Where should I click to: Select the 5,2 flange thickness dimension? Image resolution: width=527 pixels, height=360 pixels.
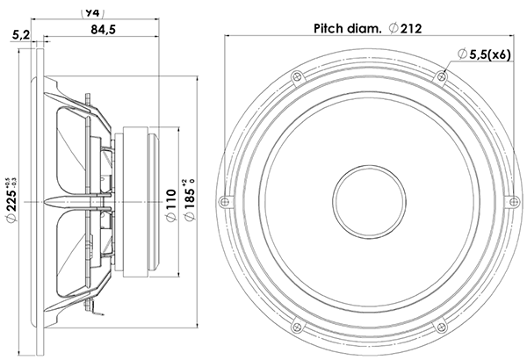coord(22,34)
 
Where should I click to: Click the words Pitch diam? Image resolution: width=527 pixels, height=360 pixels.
coord(345,28)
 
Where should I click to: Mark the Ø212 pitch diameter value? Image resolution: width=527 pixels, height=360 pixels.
coord(408,28)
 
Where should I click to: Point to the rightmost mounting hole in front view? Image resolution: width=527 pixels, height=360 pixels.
coord(509,201)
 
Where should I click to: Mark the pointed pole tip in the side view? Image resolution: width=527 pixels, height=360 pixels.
coord(50,202)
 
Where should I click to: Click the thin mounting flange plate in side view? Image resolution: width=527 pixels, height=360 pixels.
coord(39,201)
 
